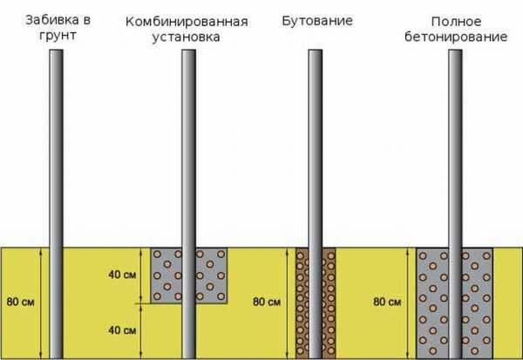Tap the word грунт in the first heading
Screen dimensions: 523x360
[58, 36]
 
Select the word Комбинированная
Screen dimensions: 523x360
[187, 22]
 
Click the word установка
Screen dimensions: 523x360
[187, 37]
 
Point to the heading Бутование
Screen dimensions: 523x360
[317, 21]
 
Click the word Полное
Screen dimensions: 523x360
[456, 22]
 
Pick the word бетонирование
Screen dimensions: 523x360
[456, 37]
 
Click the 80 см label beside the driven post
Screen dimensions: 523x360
[20, 302]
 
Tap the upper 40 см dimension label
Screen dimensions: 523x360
[122, 275]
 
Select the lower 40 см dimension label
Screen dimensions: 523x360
[122, 330]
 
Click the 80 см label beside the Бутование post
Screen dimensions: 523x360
[267, 302]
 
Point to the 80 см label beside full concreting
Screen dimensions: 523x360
[387, 302]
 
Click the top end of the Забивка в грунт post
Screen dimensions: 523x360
[56, 51]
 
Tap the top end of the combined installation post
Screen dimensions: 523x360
[188, 51]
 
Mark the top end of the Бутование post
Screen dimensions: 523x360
[316, 51]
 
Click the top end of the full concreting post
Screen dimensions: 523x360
[455, 51]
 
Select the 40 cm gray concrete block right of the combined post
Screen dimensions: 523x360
[212, 275]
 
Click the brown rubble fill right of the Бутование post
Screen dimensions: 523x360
[329, 303]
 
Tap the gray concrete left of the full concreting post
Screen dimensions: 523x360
[432, 303]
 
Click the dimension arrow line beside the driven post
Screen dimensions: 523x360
[41, 303]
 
